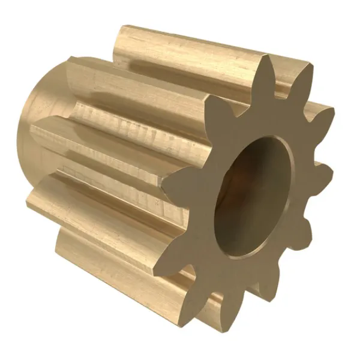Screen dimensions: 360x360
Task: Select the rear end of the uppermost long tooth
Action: point(123,42)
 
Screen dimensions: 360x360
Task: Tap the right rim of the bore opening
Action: point(292,186)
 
